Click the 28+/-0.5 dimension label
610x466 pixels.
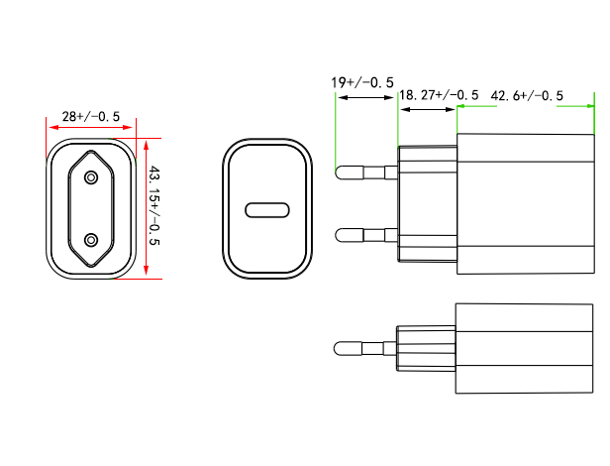[x=91, y=116]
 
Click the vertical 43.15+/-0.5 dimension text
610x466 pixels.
[x=154, y=205]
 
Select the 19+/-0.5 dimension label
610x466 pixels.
[x=362, y=82]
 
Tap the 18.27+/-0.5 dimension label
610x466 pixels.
[x=439, y=94]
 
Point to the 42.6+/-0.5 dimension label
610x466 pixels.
[x=527, y=95]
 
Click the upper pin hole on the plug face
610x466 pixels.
[x=91, y=177]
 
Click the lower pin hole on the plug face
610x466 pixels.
[x=91, y=240]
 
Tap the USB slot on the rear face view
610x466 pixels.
[x=267, y=210]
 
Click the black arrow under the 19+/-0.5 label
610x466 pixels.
[x=366, y=97]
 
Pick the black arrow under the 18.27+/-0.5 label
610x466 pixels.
[x=428, y=109]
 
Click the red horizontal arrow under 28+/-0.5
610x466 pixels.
[x=91, y=128]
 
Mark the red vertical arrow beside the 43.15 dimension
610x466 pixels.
[x=147, y=208]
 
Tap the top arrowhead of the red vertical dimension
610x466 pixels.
[x=147, y=145]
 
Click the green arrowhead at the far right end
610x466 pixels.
[x=590, y=105]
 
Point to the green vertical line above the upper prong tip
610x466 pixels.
[x=336, y=132]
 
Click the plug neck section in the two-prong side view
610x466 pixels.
[x=427, y=204]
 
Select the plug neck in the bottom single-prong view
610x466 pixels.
[x=426, y=348]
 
